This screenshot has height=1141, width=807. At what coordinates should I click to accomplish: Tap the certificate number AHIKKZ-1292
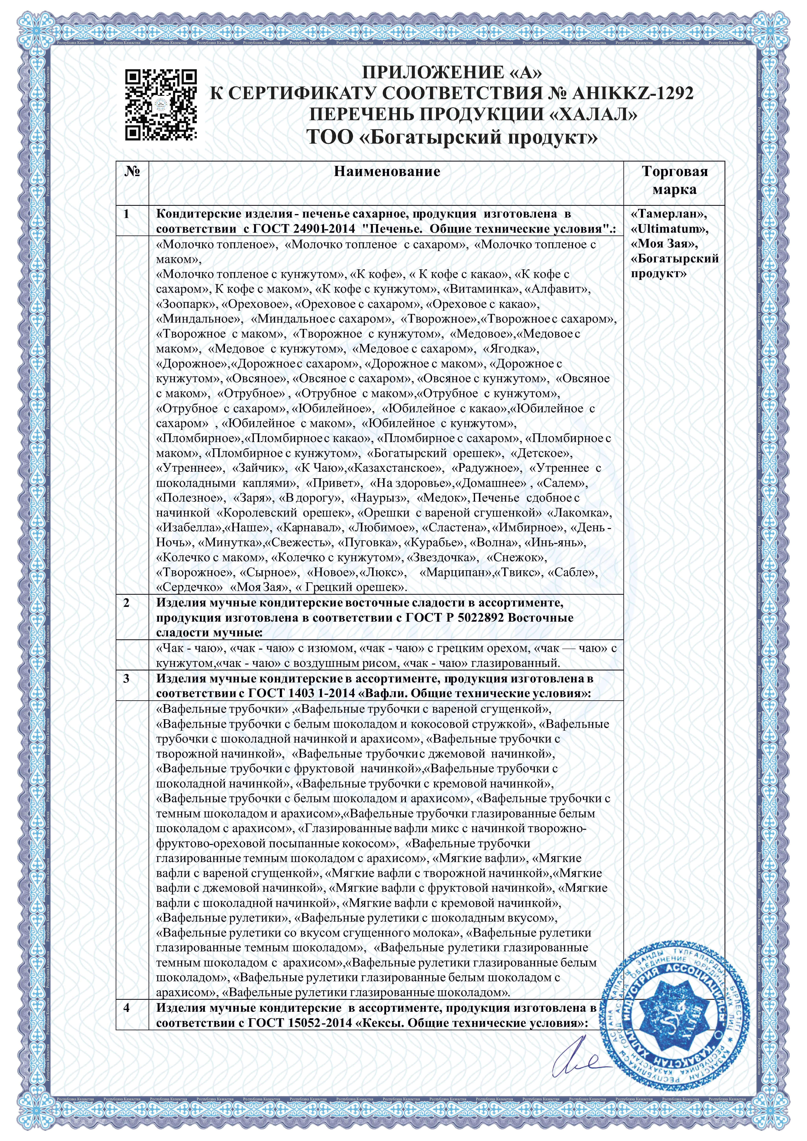click(633, 93)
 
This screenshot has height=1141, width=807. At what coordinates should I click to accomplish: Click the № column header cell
click(132, 172)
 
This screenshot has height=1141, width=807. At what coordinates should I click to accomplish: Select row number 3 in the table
click(126, 679)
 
